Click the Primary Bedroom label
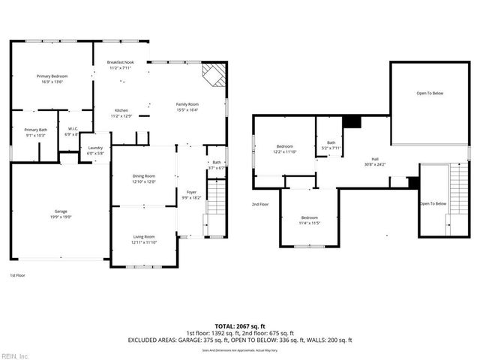click(x=52, y=79)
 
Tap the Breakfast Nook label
click(x=120, y=64)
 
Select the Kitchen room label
click(x=121, y=113)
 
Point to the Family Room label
click(x=187, y=106)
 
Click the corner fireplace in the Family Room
click(x=215, y=73)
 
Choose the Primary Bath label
click(x=35, y=132)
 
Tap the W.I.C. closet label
click(x=72, y=133)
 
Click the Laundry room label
click(x=94, y=150)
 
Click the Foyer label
click(x=191, y=195)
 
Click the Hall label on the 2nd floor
click(x=375, y=161)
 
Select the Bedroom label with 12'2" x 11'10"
click(x=285, y=148)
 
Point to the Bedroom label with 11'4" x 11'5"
click(x=310, y=220)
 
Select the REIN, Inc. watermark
click(x=14, y=355)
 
